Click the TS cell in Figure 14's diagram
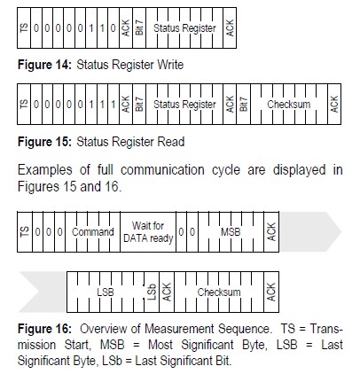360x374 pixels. pyautogui.click(x=25, y=28)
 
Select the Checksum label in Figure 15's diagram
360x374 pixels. pyautogui.click(x=289, y=105)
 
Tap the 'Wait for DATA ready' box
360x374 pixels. pyautogui.click(x=148, y=232)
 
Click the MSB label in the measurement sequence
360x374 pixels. pyautogui.click(x=231, y=232)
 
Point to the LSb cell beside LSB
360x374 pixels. pyautogui.click(x=152, y=292)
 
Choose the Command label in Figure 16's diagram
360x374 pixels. pyautogui.click(x=93, y=232)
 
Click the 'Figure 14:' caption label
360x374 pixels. pyautogui.click(x=44, y=65)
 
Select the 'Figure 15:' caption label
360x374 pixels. pyautogui.click(x=44, y=142)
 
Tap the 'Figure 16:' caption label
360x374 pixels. pyautogui.click(x=44, y=329)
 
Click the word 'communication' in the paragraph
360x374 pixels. pyautogui.click(x=162, y=170)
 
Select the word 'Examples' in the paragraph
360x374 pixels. pyautogui.click(x=45, y=170)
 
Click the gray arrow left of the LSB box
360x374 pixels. pyautogui.click(x=43, y=292)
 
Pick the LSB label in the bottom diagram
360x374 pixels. pyautogui.click(x=106, y=292)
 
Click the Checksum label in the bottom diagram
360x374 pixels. pyautogui.click(x=219, y=292)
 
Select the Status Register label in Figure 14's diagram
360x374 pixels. pyautogui.click(x=184, y=28)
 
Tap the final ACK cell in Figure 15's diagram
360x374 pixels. pyautogui.click(x=334, y=105)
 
